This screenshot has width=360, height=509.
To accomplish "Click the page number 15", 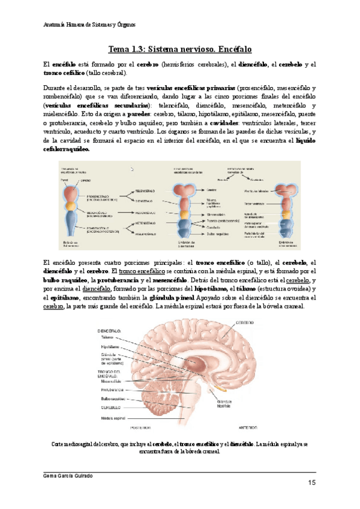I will [x=312, y=483].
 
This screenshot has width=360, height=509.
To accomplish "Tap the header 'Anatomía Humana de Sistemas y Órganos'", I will [x=90, y=25].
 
